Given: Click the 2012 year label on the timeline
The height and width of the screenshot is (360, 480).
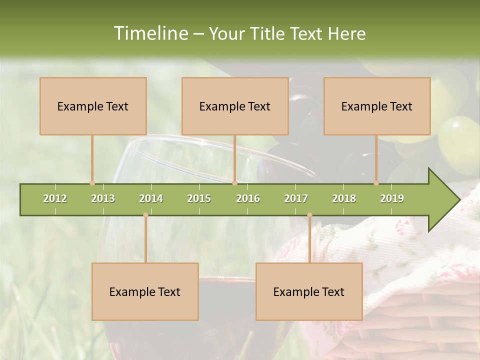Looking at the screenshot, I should pyautogui.click(x=55, y=198).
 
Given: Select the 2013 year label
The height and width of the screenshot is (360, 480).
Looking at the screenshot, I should pyautogui.click(x=103, y=198).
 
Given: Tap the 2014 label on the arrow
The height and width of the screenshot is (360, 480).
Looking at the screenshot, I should pyautogui.click(x=151, y=198).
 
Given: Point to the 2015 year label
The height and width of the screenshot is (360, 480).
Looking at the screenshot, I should pyautogui.click(x=199, y=198).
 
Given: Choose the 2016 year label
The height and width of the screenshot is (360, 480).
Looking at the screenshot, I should pyautogui.click(x=248, y=198).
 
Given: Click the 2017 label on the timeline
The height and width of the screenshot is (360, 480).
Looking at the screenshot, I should pyautogui.click(x=296, y=198).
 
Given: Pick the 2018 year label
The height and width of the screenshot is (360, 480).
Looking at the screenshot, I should pyautogui.click(x=344, y=198).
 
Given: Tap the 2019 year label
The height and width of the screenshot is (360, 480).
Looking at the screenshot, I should pyautogui.click(x=392, y=198).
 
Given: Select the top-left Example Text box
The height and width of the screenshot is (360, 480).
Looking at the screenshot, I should pyautogui.click(x=93, y=106).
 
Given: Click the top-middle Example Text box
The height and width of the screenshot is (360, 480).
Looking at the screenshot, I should pyautogui.click(x=235, y=106).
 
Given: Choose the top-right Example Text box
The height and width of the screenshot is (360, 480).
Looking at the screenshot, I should pyautogui.click(x=377, y=106).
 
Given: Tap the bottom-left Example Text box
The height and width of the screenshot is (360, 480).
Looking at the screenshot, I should pyautogui.click(x=145, y=291).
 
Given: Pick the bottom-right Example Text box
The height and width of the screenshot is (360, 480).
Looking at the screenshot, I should pyautogui.click(x=309, y=291).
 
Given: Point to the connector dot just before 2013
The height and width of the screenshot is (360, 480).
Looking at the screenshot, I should pyautogui.click(x=92, y=183).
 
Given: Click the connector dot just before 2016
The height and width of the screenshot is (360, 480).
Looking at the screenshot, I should pyautogui.click(x=234, y=183).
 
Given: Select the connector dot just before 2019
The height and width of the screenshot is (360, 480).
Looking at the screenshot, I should pyautogui.click(x=376, y=183).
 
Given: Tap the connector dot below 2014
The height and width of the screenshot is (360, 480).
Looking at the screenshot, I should pyautogui.click(x=145, y=215).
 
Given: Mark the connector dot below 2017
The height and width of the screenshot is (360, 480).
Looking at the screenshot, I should pyautogui.click(x=309, y=215).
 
